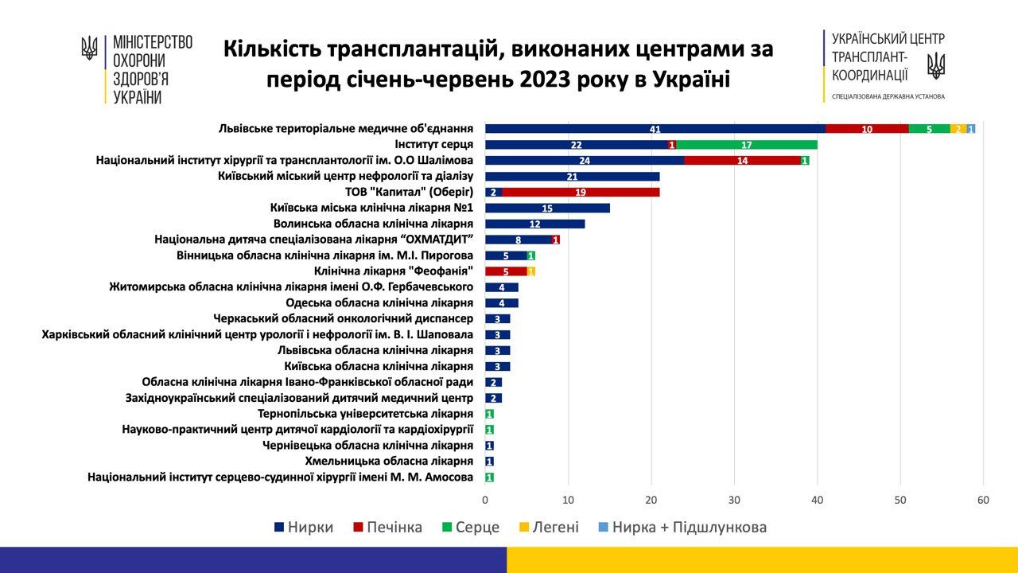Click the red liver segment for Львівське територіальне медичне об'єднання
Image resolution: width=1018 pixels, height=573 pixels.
[867, 129]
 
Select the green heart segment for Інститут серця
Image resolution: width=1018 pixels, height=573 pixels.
[747, 145]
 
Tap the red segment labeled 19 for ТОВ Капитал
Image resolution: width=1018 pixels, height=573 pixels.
[581, 192]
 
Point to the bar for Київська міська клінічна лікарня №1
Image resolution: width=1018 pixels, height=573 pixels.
[547, 208]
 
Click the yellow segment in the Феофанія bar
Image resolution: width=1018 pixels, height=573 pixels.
[531, 271]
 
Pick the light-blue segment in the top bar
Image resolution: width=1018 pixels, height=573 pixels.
[971, 129]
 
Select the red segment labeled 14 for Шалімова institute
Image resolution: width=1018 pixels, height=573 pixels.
[742, 160]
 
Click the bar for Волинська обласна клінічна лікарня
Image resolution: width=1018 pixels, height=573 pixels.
[534, 224]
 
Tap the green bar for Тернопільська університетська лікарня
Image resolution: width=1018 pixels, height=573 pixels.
[489, 414]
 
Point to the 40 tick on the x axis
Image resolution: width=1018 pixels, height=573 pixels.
[818, 500]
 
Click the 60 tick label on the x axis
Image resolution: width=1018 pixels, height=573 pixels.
[984, 500]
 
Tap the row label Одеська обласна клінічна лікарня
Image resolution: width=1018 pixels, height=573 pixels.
[379, 302]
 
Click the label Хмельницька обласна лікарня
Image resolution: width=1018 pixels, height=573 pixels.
[389, 461]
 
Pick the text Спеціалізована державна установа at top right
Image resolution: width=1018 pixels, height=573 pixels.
[888, 96]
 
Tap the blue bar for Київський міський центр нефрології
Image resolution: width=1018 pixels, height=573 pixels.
[572, 176]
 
